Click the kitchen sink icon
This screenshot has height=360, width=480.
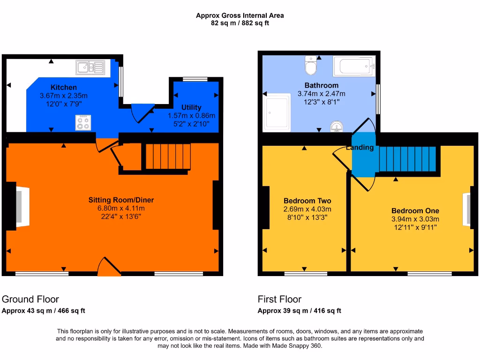(90, 68)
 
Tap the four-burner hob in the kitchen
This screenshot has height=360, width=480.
(83, 123)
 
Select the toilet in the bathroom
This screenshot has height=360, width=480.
(311, 67)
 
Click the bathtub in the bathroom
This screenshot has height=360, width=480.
(354, 67)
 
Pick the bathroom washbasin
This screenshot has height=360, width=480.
(337, 127)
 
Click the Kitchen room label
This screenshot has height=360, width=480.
(64, 87)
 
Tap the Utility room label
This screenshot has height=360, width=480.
(191, 107)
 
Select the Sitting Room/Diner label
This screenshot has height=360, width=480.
(121, 200)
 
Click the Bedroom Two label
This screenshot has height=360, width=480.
(307, 201)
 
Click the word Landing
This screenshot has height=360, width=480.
(360, 148)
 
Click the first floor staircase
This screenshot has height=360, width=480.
(407, 159)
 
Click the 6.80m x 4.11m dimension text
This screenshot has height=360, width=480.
(121, 209)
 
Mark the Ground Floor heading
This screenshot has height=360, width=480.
(30, 299)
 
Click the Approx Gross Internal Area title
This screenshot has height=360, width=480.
(240, 15)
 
